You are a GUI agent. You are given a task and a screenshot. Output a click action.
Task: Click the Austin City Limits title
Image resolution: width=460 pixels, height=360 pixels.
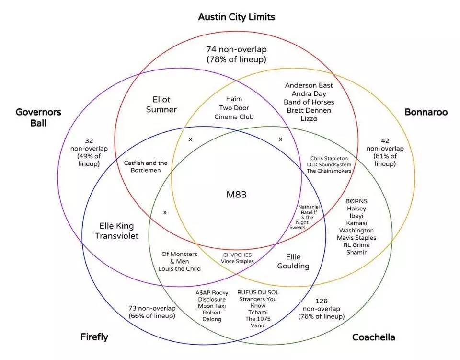pyautogui.click(x=237, y=17)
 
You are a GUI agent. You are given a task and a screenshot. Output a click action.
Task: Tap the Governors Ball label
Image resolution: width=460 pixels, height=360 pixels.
pyautogui.click(x=38, y=117)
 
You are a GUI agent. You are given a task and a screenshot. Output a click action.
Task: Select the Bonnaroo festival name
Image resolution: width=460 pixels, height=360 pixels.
pyautogui.click(x=425, y=112)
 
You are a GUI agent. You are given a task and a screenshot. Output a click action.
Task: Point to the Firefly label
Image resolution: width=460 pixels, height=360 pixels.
pyautogui.click(x=94, y=337)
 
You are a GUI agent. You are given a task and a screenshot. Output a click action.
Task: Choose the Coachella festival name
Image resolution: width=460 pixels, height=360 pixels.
pyautogui.click(x=373, y=337)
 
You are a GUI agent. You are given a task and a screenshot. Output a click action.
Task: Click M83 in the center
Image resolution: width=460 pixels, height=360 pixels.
pyautogui.click(x=236, y=195)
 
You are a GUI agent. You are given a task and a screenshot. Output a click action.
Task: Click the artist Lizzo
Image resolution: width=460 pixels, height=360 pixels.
pyautogui.click(x=309, y=118)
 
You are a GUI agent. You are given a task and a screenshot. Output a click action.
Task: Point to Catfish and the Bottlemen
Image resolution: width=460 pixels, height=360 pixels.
pyautogui.click(x=146, y=166)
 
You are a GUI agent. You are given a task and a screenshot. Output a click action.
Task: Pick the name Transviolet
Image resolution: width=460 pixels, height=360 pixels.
pyautogui.click(x=116, y=236)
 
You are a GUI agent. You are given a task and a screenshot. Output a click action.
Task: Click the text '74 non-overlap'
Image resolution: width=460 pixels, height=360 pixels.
pyautogui.click(x=236, y=49)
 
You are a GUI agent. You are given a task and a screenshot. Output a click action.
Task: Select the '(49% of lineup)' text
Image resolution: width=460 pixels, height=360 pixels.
pyautogui.click(x=89, y=160)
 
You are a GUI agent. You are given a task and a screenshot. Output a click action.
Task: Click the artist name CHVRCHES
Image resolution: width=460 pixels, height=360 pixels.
pyautogui.click(x=237, y=255)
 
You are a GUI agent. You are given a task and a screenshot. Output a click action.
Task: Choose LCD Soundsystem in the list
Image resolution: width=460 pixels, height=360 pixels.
pyautogui.click(x=329, y=164)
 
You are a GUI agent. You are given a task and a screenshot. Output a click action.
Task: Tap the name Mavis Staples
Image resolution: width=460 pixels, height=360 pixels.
pyautogui.click(x=356, y=238)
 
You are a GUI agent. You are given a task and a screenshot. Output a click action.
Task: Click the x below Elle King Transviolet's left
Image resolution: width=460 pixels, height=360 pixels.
pyautogui.click(x=165, y=212)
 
